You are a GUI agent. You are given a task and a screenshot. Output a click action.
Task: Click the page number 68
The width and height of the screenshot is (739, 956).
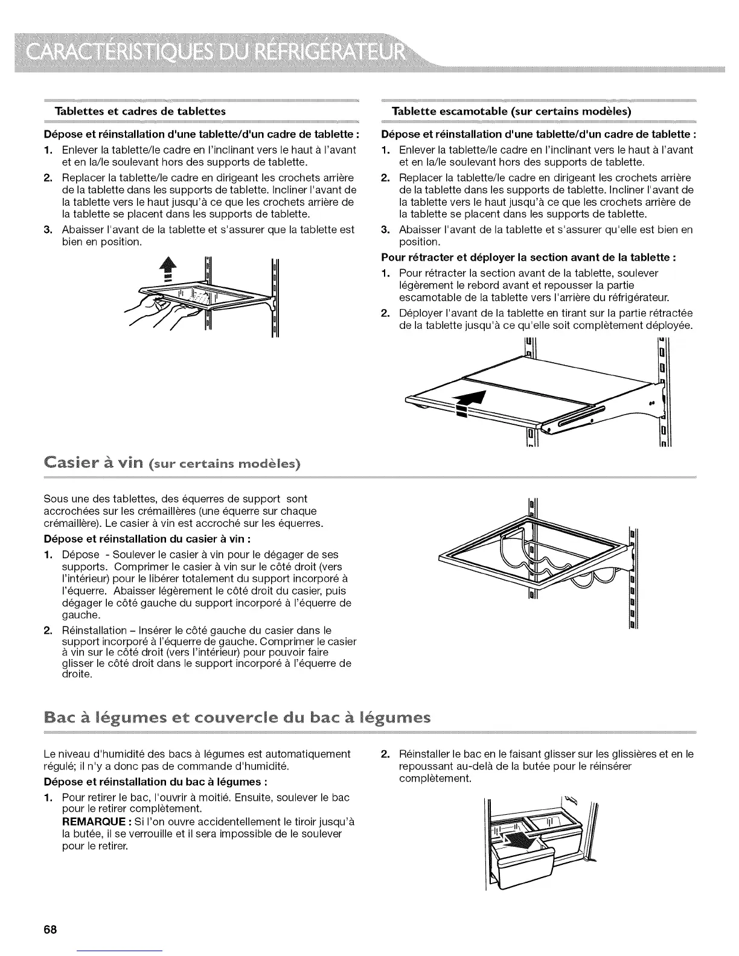[50, 929]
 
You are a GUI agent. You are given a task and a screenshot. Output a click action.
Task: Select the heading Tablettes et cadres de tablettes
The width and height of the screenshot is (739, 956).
[140, 111]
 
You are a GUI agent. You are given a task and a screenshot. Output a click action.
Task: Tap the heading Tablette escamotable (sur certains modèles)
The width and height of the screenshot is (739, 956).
[511, 111]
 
